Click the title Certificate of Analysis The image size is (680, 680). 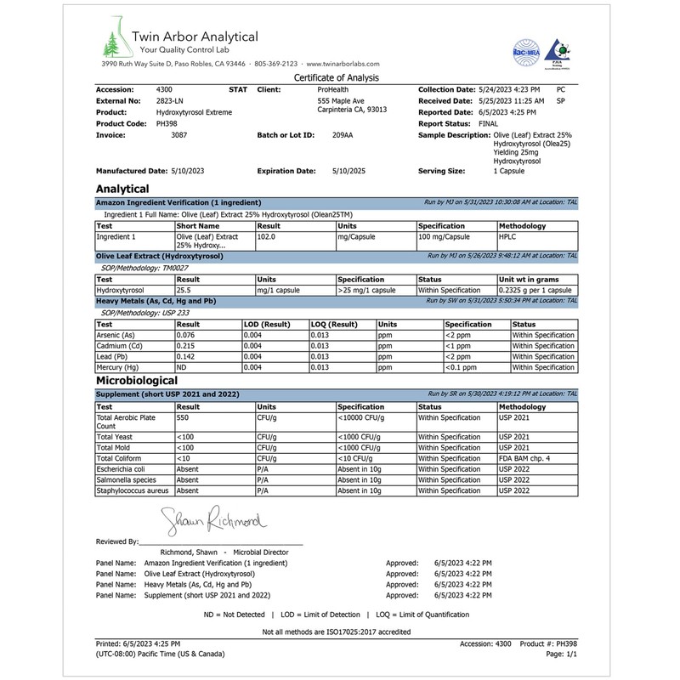337,77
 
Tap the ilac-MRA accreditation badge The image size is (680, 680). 527,48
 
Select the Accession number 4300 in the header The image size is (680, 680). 165,89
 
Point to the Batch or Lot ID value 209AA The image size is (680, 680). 343,135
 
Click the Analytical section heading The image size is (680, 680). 122,189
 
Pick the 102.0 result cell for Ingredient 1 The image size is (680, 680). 268,238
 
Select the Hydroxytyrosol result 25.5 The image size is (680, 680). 186,290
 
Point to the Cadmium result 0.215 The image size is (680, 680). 186,346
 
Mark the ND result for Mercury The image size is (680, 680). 181,367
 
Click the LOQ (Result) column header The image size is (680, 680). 334,324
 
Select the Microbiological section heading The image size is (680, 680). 137,381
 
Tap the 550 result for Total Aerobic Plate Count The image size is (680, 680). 183,418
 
